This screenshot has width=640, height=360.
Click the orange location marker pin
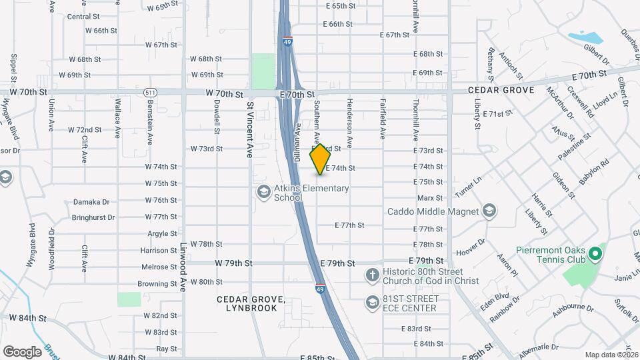coord(321,159)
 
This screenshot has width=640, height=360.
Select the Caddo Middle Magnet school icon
coord(490,211)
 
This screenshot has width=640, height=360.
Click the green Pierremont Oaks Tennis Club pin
coord(596,255)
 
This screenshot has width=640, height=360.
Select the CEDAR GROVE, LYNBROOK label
coord(251,303)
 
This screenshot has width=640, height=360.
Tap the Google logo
coord(22,351)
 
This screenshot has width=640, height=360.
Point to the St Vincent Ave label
coord(250,129)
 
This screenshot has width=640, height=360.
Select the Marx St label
coord(429,198)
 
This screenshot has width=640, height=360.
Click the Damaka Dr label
coord(91,201)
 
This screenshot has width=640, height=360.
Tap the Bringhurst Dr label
coord(93,217)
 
